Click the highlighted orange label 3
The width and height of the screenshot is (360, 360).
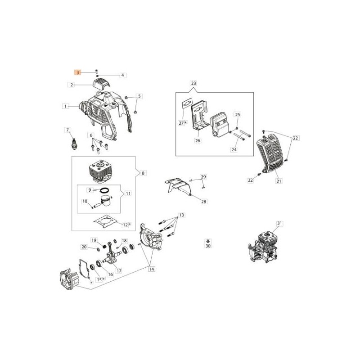pos(77,72)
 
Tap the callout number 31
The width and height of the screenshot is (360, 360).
pos(279,223)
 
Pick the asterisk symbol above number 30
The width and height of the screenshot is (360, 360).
pos(208,241)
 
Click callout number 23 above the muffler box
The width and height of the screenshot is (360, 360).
pos(193,83)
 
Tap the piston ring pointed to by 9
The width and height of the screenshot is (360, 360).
pos(105,190)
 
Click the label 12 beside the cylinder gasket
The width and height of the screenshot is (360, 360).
pos(126,225)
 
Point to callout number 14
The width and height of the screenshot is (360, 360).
pos(152,269)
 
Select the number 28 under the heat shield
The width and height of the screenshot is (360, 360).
pos(204,202)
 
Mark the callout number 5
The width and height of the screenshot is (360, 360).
pos(139,96)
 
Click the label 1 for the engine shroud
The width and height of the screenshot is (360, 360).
pos(65,106)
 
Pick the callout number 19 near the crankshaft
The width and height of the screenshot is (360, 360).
pos(94,240)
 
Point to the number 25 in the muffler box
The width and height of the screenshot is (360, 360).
pos(238,114)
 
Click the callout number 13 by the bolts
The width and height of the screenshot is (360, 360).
pos(181,215)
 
